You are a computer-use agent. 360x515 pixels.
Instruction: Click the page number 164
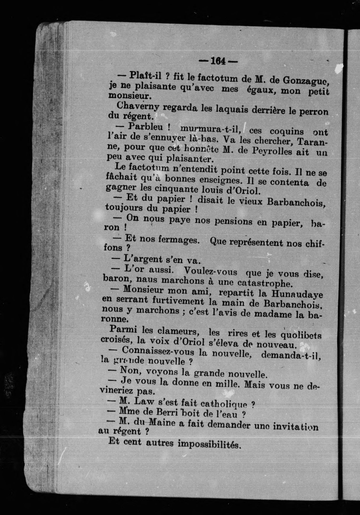pos(218,61)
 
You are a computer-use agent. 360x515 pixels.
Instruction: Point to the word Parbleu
pos(145,127)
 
